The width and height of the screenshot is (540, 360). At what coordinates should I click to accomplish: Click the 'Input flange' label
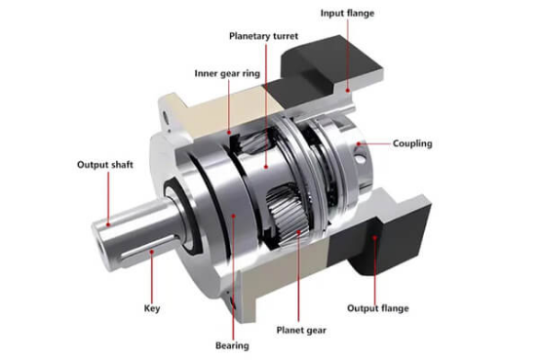pyautogui.click(x=347, y=14)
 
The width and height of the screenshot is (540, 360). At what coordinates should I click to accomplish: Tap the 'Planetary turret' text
pyautogui.click(x=263, y=36)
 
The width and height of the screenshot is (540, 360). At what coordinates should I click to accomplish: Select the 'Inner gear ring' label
pyautogui.click(x=227, y=73)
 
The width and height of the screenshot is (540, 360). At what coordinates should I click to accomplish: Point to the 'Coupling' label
pyautogui.click(x=412, y=143)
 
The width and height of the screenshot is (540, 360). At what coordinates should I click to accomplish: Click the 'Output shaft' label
pyautogui.click(x=105, y=165)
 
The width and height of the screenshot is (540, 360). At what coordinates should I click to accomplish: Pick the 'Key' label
pyautogui.click(x=152, y=308)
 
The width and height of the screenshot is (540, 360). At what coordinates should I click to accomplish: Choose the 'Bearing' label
pyautogui.click(x=232, y=345)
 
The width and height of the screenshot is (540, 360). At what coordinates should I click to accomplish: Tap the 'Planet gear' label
pyautogui.click(x=301, y=331)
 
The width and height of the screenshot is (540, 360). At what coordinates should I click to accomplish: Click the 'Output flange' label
pyautogui.click(x=378, y=308)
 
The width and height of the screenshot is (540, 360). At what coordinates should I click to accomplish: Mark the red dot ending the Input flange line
pyautogui.click(x=348, y=91)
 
